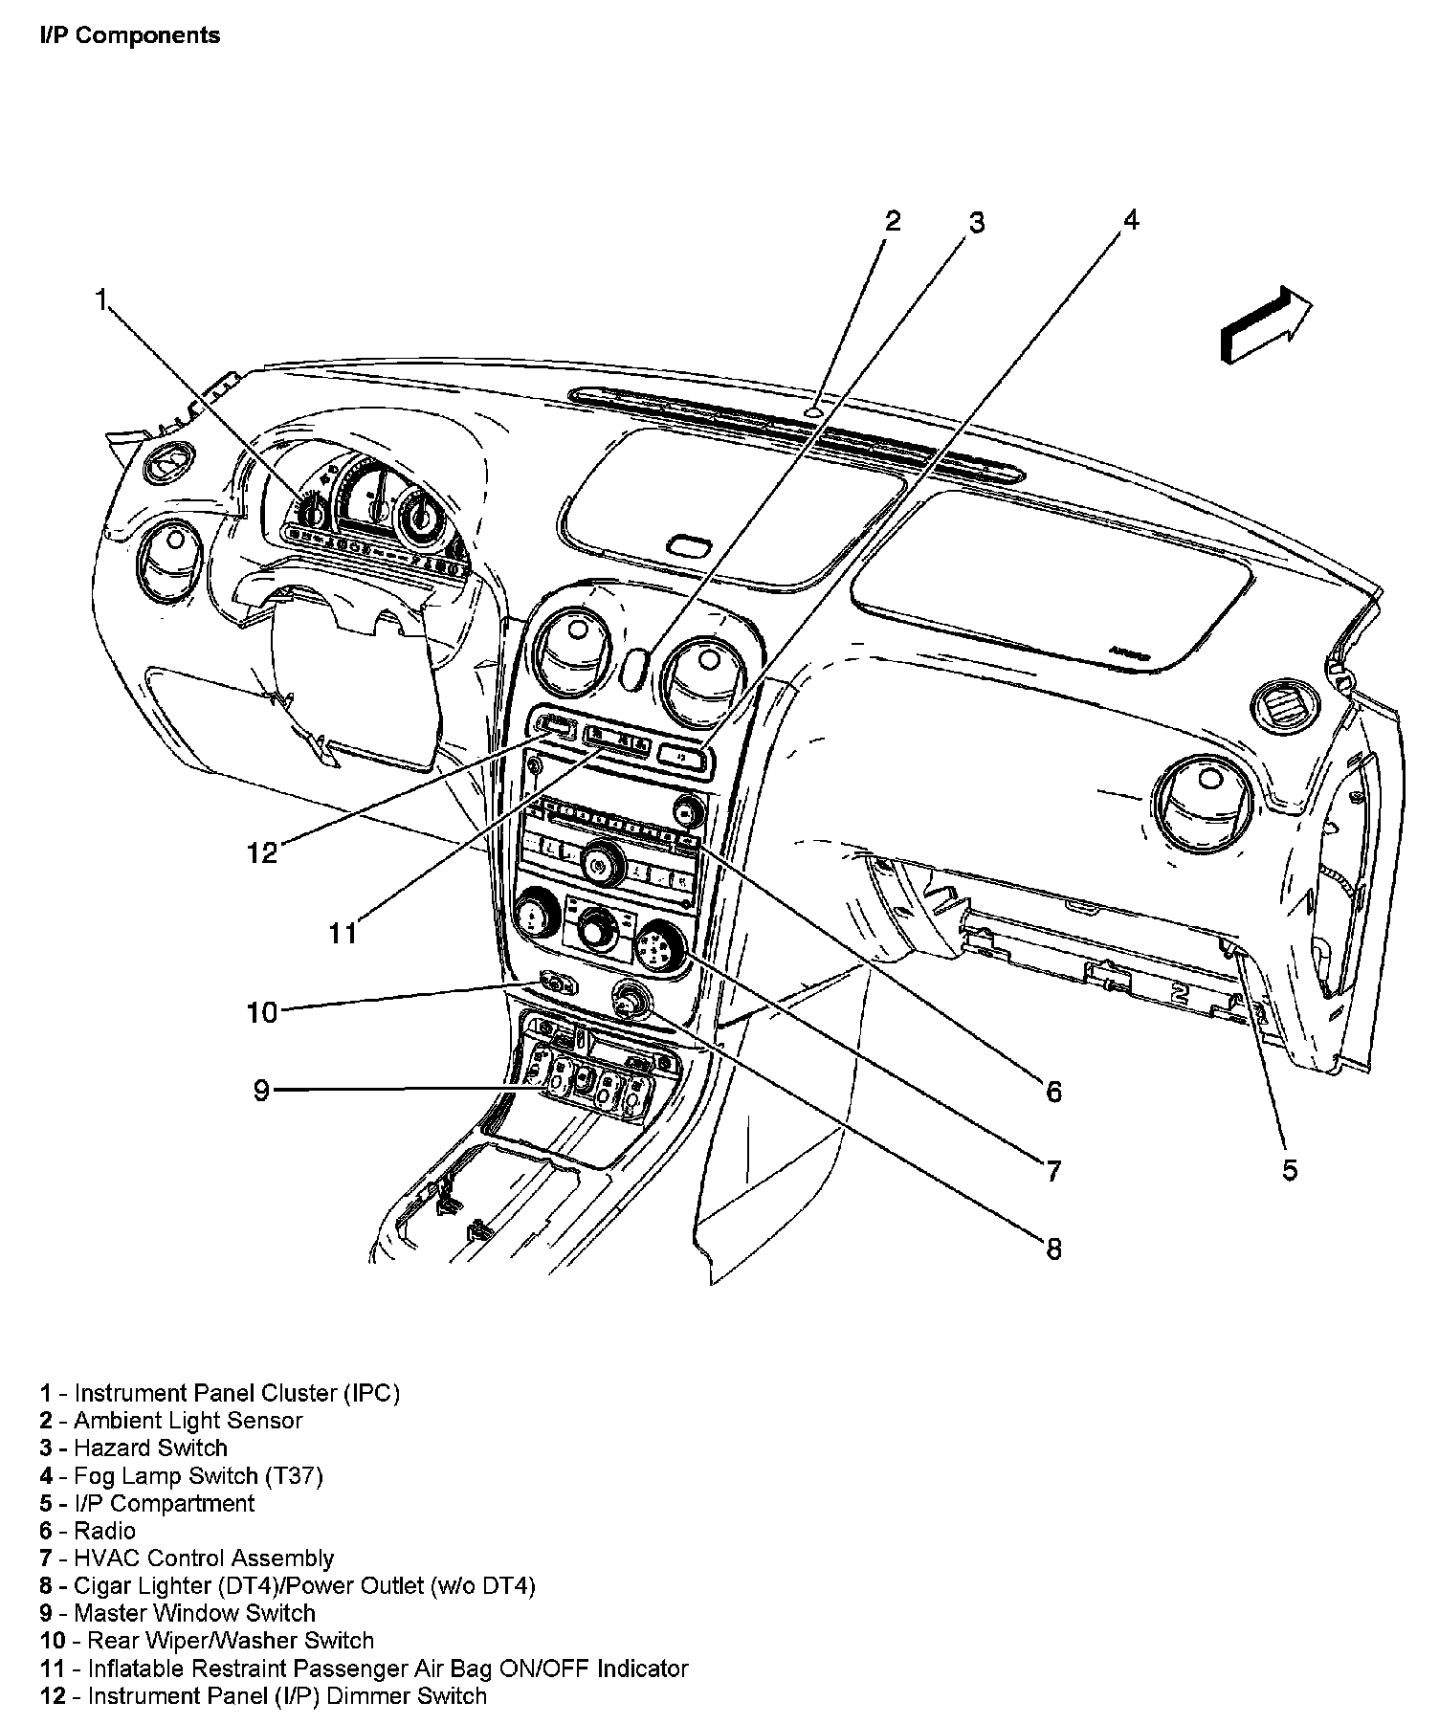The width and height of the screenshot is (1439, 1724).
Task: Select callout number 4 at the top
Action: click(x=1131, y=220)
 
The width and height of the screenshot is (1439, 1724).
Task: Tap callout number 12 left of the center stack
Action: click(x=261, y=851)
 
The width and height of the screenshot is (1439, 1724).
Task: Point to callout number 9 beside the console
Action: click(x=261, y=1090)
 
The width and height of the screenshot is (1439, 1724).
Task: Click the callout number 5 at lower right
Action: click(x=1290, y=1169)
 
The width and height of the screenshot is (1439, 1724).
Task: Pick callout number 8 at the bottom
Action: click(x=1052, y=1249)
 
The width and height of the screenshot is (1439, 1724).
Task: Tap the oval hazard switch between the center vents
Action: click(x=632, y=668)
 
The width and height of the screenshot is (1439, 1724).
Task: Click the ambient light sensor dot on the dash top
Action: click(x=812, y=412)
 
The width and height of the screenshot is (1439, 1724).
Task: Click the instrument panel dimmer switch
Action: click(x=556, y=725)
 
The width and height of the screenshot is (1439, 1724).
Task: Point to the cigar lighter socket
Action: click(x=631, y=1001)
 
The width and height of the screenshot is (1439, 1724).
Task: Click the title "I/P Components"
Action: click(x=130, y=35)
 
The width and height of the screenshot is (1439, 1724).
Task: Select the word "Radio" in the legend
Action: click(x=104, y=1530)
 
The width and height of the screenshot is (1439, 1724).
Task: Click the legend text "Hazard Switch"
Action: click(x=150, y=1448)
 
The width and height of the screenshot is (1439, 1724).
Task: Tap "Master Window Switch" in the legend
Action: click(x=194, y=1613)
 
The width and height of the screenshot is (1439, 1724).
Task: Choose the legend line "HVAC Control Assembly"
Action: click(x=204, y=1558)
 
